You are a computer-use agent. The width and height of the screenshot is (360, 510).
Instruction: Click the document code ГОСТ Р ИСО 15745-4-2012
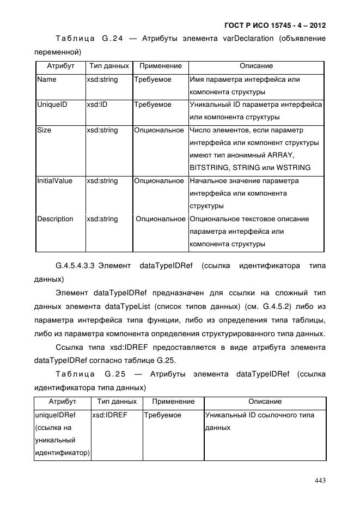[274, 26]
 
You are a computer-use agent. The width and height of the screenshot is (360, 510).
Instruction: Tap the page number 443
[320, 481]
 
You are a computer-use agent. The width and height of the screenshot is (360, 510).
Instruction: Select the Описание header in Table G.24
[256, 66]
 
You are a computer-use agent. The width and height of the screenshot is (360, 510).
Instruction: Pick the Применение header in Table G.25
[173, 402]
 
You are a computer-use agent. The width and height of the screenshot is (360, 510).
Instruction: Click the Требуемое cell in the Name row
[153, 80]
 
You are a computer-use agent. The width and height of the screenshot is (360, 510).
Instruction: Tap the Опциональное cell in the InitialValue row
[159, 181]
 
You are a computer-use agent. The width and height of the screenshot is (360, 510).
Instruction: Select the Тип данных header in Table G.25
[116, 402]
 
